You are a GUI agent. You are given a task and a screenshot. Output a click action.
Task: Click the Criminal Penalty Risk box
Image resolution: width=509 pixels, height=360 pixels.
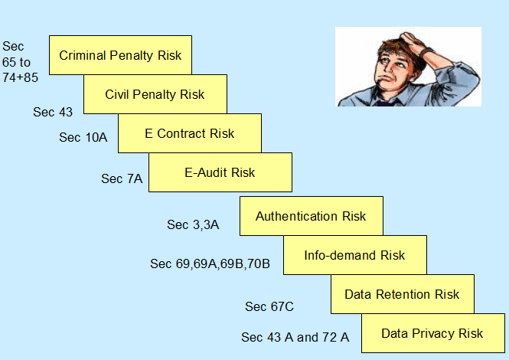click(120, 55)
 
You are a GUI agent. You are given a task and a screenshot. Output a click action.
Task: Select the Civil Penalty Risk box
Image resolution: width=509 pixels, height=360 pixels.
click(155, 94)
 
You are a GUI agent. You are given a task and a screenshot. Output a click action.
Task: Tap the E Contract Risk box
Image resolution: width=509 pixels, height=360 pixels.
click(190, 133)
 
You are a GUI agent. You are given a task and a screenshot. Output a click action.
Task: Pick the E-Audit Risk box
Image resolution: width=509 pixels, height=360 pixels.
click(220, 172)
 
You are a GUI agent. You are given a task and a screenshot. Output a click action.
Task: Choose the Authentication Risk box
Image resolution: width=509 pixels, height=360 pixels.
click(312, 216)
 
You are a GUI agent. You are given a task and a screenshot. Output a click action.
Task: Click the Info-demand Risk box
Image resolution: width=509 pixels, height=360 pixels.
click(355, 255)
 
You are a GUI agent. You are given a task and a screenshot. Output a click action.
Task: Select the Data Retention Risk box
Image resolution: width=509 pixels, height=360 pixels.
click(403, 294)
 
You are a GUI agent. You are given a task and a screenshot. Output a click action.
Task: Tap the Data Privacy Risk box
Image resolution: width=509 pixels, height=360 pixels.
click(433, 333)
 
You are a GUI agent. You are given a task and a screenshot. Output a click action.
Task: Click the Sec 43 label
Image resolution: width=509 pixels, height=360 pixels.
click(53, 112)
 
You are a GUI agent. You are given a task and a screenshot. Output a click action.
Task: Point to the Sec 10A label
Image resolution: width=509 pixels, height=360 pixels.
click(83, 137)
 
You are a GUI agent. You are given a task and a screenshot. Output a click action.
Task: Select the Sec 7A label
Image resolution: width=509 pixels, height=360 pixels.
click(122, 178)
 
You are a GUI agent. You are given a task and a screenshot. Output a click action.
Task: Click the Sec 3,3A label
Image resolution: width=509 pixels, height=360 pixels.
click(193, 225)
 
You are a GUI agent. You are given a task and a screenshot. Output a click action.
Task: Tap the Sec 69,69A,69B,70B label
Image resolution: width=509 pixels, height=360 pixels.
click(210, 263)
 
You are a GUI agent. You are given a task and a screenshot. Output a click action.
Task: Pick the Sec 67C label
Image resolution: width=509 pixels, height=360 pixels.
click(269, 306)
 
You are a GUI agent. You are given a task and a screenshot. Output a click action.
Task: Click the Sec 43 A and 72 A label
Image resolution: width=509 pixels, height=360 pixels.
click(295, 337)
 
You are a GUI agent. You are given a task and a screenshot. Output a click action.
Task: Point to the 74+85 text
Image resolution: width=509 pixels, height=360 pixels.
click(20, 77)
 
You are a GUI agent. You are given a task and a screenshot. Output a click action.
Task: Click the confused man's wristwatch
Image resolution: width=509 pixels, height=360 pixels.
click(426, 52)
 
